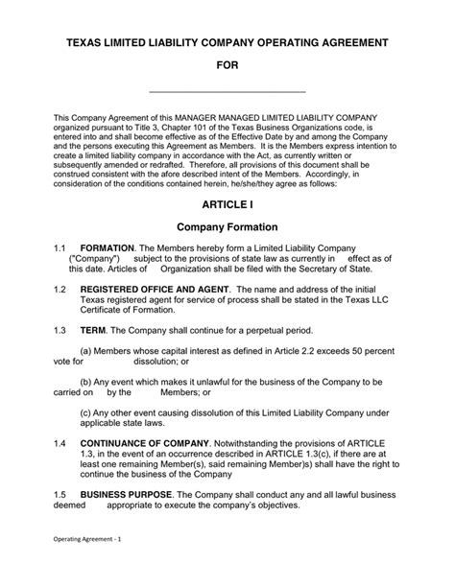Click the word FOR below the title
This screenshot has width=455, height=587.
click(227, 66)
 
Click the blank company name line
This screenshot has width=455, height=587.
click(227, 91)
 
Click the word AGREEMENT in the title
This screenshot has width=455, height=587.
click(348, 44)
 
